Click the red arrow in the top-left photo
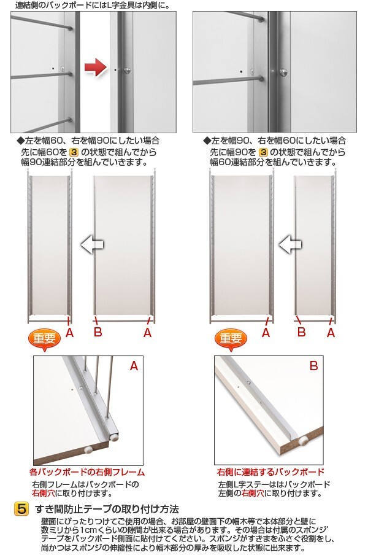point(96,68)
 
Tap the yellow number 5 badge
point(21,509)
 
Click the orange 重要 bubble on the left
point(44,339)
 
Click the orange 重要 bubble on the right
point(231,339)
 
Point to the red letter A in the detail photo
point(134,366)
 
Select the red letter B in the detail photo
point(313,366)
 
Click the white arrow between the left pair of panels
point(92,244)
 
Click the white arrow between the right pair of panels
point(290,244)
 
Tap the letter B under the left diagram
point(98,332)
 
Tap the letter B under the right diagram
point(301,332)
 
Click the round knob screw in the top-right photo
point(283,72)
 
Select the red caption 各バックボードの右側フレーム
point(87,472)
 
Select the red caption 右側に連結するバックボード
point(270,472)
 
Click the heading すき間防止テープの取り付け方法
point(107,510)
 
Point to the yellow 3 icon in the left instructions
point(74,152)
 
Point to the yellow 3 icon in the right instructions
point(263,152)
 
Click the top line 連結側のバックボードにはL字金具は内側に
point(93,5)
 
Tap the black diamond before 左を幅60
point(20,141)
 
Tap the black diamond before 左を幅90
point(207,141)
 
